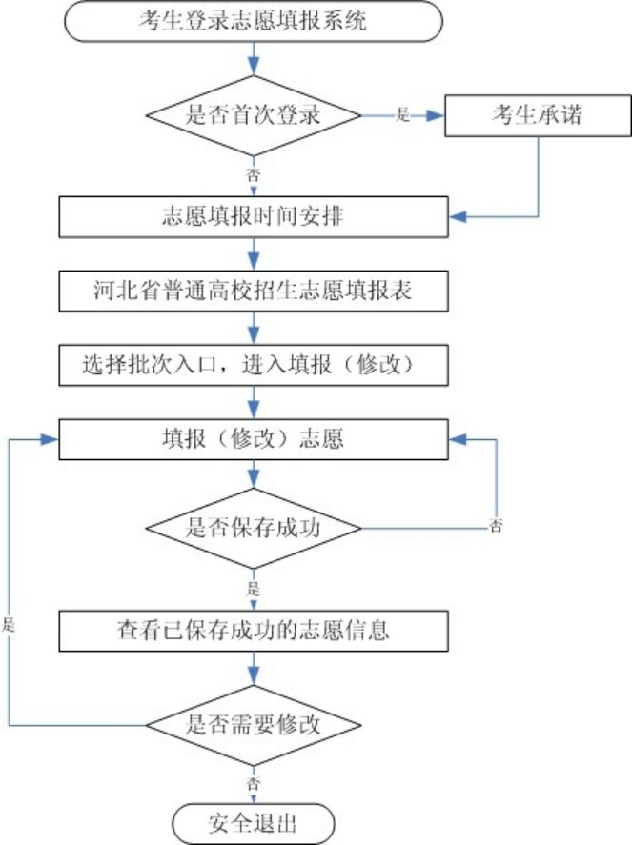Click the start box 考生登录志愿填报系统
(x=253, y=22)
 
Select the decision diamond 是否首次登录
(x=253, y=116)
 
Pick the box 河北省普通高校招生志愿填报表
(x=253, y=291)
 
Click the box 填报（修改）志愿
(x=253, y=439)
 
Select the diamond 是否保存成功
(x=253, y=527)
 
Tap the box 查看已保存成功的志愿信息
(x=253, y=630)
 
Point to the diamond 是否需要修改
(x=253, y=723)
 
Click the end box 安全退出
(x=253, y=822)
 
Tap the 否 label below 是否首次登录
(x=253, y=176)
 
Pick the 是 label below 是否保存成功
(x=253, y=585)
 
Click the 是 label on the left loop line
(x=10, y=627)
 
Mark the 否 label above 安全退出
(x=253, y=782)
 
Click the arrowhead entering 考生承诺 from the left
(x=439, y=116)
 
